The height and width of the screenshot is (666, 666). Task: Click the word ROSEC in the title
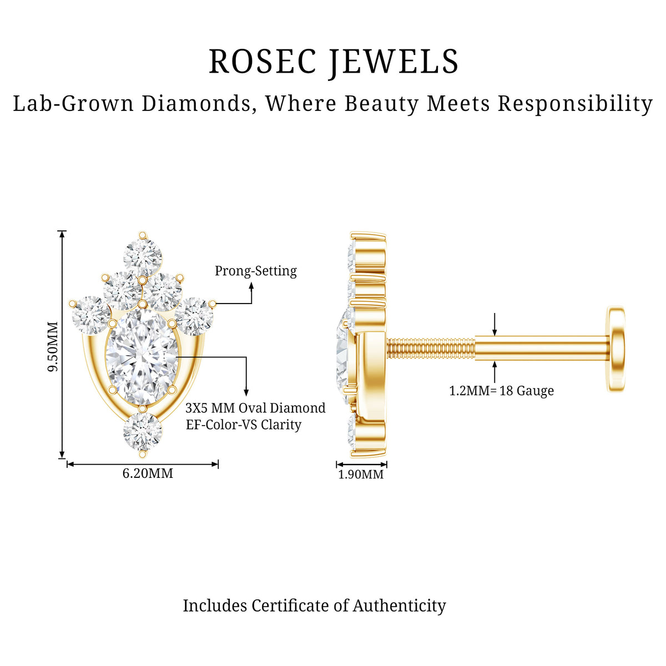pyautogui.click(x=263, y=62)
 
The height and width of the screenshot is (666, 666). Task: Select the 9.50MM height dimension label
pyautogui.click(x=53, y=346)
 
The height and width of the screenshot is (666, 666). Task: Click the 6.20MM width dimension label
pyautogui.click(x=148, y=473)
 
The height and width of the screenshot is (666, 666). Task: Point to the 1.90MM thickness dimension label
pyautogui.click(x=361, y=474)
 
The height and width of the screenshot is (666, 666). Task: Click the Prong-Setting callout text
pyautogui.click(x=256, y=271)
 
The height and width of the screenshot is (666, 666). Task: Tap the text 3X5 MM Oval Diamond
pyautogui.click(x=255, y=408)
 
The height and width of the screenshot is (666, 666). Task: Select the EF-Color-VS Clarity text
pyautogui.click(x=244, y=425)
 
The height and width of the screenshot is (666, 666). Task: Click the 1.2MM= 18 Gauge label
pyautogui.click(x=501, y=391)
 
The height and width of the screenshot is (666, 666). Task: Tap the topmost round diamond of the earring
pyautogui.click(x=143, y=257)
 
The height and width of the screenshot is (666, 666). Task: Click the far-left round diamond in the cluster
pyautogui.click(x=90, y=315)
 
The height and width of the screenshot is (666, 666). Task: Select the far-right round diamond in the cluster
pyautogui.click(x=194, y=316)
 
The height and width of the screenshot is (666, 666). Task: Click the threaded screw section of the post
pyautogui.click(x=431, y=348)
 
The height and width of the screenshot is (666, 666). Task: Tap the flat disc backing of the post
pyautogui.click(x=616, y=349)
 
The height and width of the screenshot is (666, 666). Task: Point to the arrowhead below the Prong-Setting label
pyautogui.click(x=251, y=285)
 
